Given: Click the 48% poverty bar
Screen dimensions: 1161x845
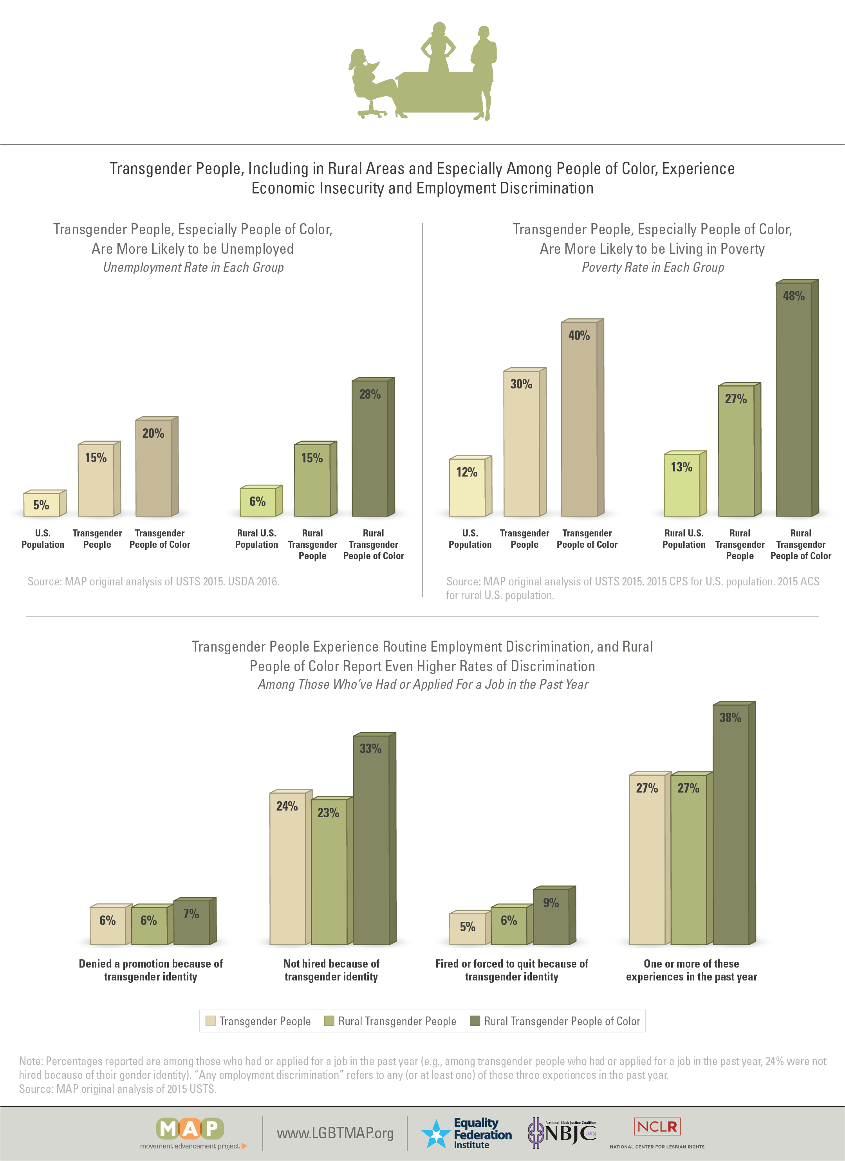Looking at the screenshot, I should click(794, 399).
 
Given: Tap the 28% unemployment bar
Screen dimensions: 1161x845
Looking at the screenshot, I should click(370, 448).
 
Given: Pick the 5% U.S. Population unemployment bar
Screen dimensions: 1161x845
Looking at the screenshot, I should click(42, 505).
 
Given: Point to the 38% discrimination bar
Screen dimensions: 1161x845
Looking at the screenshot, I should click(730, 824).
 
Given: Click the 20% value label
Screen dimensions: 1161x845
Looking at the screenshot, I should click(153, 433).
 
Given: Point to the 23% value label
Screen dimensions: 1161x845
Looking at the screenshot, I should click(328, 813).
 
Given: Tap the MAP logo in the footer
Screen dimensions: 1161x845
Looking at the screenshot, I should click(190, 1129).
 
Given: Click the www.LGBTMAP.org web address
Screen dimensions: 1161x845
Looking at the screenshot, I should click(335, 1133).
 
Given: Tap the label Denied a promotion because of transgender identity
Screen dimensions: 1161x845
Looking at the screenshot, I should click(150, 970).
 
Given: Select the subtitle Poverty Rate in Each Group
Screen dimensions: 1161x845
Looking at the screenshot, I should click(653, 267).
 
